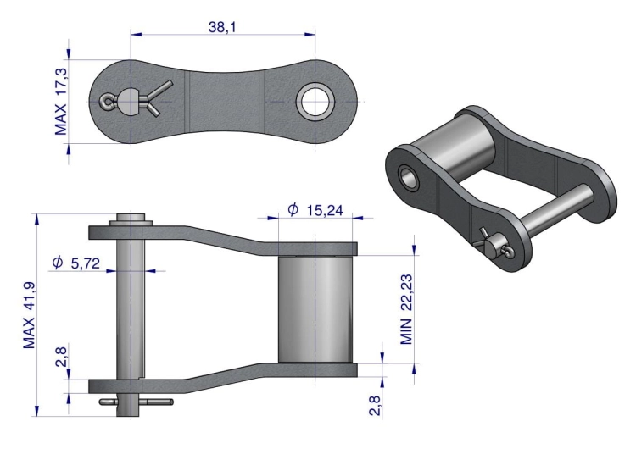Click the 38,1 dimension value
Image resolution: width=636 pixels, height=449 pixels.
point(221,27)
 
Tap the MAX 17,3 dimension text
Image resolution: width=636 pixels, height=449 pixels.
point(60,103)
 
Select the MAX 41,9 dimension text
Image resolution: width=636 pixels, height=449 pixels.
point(29,314)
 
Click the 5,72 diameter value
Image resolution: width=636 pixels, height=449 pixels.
point(85,263)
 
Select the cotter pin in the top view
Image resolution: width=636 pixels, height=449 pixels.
point(136,101)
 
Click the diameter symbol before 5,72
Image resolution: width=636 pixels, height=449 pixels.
point(57,263)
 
